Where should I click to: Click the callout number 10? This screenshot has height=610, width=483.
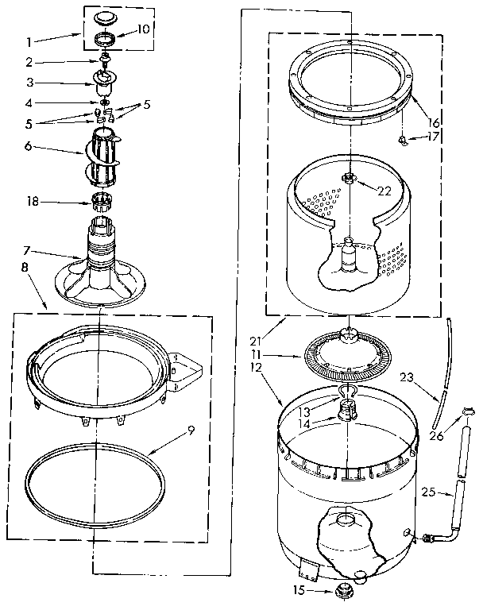point(143,29)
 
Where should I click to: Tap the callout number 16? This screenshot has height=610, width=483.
point(433,124)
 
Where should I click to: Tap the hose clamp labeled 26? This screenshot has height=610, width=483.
point(469,411)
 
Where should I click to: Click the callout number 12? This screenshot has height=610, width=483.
point(257,367)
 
